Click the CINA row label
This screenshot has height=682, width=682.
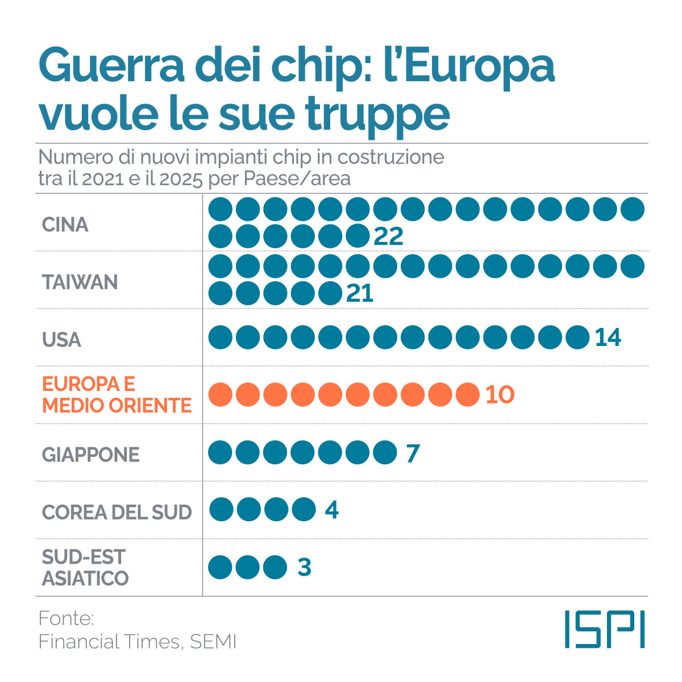coord(65,225)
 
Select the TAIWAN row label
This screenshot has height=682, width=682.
coord(80,282)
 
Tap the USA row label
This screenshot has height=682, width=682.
coord(61,340)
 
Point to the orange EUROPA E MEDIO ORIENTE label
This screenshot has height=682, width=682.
coord(117,395)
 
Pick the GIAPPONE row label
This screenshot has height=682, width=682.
coord(91,455)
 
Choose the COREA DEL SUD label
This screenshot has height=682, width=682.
coord(117,512)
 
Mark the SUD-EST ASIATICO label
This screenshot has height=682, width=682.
coord(85,568)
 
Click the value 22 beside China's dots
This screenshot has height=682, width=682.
coord(389,236)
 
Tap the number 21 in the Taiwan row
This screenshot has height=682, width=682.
coord(360,293)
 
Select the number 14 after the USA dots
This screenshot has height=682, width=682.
coord(608,338)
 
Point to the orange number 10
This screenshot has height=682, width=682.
coord(500,394)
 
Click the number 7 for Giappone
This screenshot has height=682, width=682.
coord(413,453)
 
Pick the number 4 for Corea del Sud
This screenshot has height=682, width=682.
coord(332,510)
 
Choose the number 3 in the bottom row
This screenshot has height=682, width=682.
coord(305,567)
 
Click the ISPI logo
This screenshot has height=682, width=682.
coord(605,629)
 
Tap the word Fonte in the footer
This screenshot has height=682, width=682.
coord(66,618)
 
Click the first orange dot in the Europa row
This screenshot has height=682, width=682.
coord(221,394)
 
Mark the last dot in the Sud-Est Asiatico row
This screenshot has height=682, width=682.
coord(275,567)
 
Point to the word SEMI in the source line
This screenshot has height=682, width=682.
coord(213,642)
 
